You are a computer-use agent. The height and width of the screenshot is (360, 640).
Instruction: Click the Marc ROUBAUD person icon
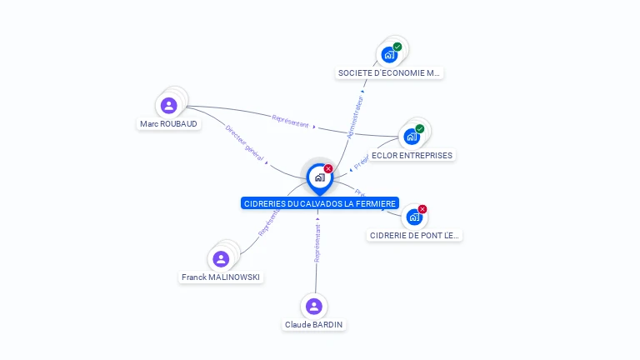169,106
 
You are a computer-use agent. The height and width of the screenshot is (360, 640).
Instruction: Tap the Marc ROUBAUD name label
170,123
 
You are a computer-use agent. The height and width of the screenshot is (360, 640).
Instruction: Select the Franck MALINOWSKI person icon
221,258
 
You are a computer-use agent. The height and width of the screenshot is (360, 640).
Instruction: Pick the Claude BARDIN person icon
313,306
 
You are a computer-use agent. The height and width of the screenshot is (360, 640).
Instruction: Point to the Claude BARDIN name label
314,324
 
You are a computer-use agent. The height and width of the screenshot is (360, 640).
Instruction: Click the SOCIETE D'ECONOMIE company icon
388,55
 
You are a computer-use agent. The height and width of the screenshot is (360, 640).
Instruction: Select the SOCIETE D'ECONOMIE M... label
388,72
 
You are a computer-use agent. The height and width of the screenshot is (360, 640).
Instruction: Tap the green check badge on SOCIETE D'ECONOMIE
397,47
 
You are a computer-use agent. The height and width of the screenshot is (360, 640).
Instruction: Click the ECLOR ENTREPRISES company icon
412,137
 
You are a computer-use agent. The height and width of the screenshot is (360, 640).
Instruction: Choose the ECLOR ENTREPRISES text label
412,155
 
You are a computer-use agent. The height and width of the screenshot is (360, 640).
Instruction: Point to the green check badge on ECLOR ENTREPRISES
420,128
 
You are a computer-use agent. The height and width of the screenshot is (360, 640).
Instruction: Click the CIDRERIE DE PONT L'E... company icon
413,217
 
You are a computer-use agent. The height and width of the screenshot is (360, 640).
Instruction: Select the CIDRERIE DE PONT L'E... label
414,235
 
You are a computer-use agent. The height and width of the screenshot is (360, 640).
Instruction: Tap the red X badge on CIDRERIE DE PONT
422,209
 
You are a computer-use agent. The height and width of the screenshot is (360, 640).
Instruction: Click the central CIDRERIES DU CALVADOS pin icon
319,177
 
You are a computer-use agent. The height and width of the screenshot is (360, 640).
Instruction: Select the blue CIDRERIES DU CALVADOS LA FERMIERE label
320,203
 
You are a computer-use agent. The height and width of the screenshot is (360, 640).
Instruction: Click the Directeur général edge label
244,142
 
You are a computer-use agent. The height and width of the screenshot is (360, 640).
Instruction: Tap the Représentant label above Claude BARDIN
317,243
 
